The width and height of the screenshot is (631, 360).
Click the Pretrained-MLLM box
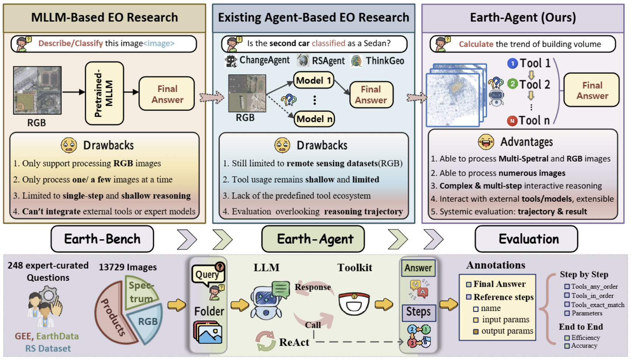coord(104,93)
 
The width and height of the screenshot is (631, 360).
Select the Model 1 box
coord(314,80)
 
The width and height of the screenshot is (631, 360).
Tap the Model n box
coord(314,119)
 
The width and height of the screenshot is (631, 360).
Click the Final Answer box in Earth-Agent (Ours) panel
coord(592,90)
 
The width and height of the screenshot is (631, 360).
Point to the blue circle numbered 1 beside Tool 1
coord(512,64)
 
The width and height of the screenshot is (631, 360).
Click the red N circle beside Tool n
coord(512,121)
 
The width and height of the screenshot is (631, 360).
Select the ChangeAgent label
coord(264,60)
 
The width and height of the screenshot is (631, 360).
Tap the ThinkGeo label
coord(384,61)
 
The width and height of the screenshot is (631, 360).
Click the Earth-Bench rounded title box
coord(102,239)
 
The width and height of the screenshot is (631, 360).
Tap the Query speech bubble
coord(207,274)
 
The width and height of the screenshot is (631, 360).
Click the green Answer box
coord(418,268)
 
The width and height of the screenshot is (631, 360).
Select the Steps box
coord(419,312)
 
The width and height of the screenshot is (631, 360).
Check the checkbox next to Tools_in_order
coord(567,296)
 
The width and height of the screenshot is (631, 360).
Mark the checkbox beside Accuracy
coord(567,346)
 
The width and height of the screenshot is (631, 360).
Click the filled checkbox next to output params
coord(476,331)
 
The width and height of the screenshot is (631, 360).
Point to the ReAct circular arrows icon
coord(265,341)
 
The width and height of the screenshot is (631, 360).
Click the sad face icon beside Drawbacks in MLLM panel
coord(69,145)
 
